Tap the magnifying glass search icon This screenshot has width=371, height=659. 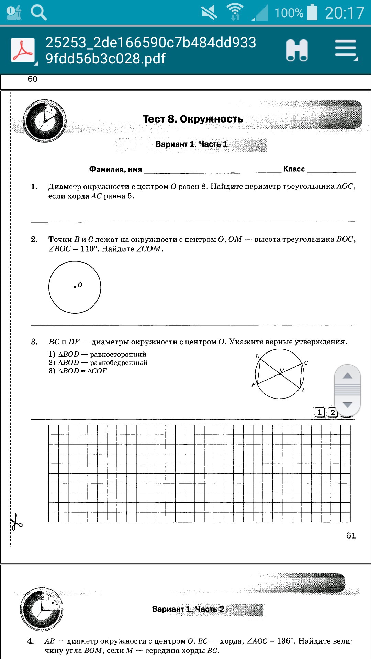38,13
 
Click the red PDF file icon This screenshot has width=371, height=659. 23,50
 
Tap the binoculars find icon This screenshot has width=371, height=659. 297,50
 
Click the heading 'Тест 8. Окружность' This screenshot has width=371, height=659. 193,119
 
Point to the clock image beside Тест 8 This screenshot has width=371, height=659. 45,121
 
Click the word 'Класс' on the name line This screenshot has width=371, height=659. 294,169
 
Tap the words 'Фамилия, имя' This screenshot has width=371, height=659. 115,169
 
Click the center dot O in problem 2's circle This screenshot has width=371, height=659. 75,287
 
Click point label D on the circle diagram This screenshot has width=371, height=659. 257,356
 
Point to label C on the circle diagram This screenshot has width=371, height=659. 306,362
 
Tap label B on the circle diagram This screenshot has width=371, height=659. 254,385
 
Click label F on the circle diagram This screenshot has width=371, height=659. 303,390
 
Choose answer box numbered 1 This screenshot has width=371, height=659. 319,412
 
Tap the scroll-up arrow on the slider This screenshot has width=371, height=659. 347,375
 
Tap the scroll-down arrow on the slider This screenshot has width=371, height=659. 347,405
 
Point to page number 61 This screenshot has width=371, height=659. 351,536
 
